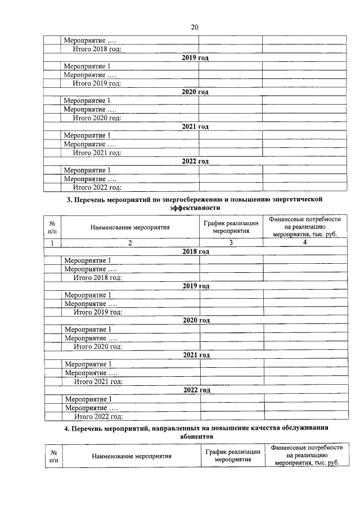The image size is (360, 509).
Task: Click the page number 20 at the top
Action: [x=195, y=26]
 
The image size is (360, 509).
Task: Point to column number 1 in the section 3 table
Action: [x=52, y=243]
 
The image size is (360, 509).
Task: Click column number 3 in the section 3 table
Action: [x=231, y=243]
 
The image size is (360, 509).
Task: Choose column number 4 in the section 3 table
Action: [x=304, y=242]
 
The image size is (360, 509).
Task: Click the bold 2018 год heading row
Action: [x=196, y=251]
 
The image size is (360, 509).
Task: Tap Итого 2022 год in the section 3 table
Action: [x=98, y=417]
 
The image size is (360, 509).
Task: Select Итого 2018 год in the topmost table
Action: [x=97, y=49]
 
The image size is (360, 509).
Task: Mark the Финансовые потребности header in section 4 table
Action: [x=307, y=456]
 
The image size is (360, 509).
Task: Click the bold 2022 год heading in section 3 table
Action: [x=197, y=390]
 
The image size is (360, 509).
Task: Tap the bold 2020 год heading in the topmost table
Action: [x=195, y=92]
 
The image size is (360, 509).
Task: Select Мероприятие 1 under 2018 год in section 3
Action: [x=88, y=260]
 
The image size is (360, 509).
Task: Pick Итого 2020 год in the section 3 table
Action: [x=98, y=347]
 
